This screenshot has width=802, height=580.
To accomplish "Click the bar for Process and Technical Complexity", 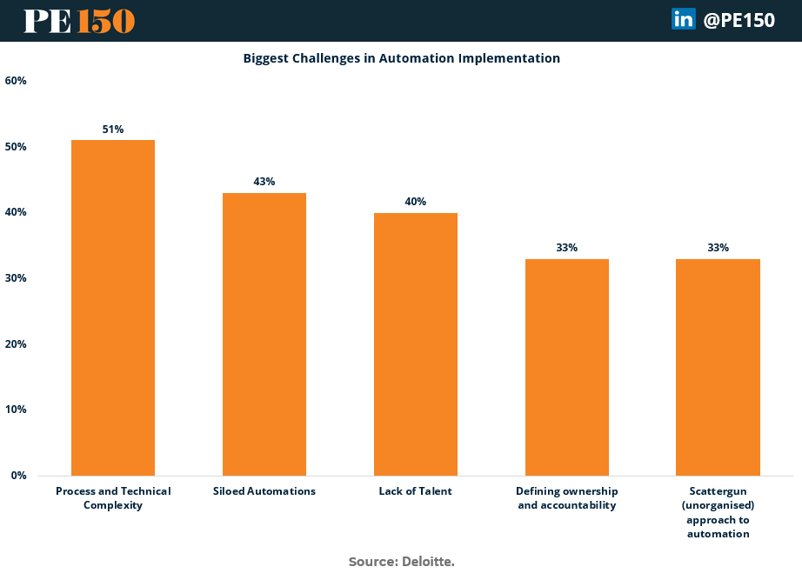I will coord(113,308).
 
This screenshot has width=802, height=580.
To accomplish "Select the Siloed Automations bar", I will coord(264,334).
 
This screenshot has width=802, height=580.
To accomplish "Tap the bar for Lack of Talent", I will coord(416,344).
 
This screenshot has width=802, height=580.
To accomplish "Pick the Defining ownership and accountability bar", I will coord(567,367).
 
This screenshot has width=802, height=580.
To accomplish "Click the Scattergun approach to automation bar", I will coord(718,367).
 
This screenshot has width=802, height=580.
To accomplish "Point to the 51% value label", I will coord(113,130).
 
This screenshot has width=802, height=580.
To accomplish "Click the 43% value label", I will coord(264,182).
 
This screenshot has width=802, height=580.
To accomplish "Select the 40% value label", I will coord(416,202).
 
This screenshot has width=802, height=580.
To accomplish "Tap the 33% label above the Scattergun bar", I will coord(718,248).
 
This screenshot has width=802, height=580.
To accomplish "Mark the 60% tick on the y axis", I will coord(16,81).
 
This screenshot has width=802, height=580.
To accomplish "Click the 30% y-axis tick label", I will coord(16,278).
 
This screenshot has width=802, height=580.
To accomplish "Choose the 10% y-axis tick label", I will coord(16,410).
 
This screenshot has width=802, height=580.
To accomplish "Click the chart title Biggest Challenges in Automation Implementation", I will coord(401,58).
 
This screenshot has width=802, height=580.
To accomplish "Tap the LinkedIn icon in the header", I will coord(683,19).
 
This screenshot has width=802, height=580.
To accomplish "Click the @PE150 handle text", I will coord(739,20).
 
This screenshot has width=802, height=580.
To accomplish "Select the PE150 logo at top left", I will coord(79,21).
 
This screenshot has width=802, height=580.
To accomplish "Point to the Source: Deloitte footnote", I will coord(401,562).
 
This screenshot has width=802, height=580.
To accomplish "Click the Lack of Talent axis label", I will coord(416,491).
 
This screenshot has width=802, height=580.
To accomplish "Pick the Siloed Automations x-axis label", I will coord(264,491).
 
